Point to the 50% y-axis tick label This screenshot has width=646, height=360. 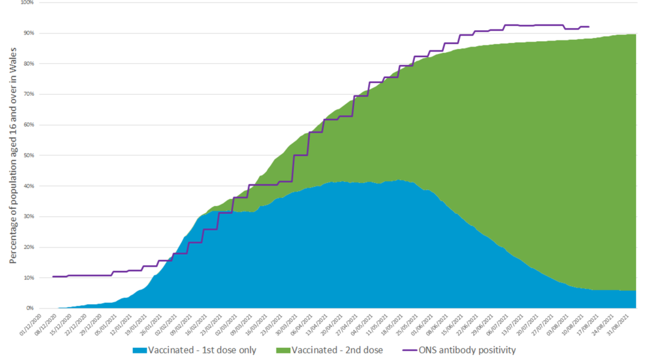28,155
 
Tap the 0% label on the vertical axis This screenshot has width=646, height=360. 30,308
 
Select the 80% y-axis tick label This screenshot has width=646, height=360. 28,64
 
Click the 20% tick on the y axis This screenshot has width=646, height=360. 28,247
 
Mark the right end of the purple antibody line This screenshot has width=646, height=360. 589,27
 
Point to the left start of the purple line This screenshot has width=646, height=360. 53,276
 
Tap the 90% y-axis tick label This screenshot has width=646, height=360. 28,33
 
